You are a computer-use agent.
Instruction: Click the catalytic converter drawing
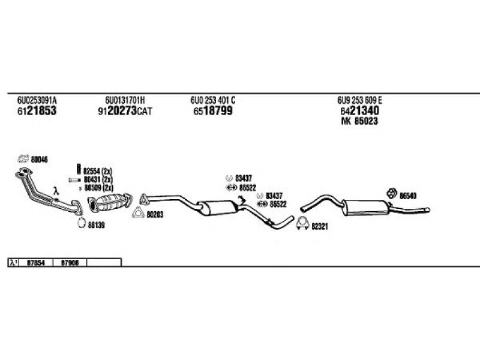coord(112,202)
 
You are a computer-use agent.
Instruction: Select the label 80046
coord(39,159)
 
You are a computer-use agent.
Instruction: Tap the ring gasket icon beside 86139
coord(82,225)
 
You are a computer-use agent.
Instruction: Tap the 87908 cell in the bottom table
coord(70,262)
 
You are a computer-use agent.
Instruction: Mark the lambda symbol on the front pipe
coord(55,191)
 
